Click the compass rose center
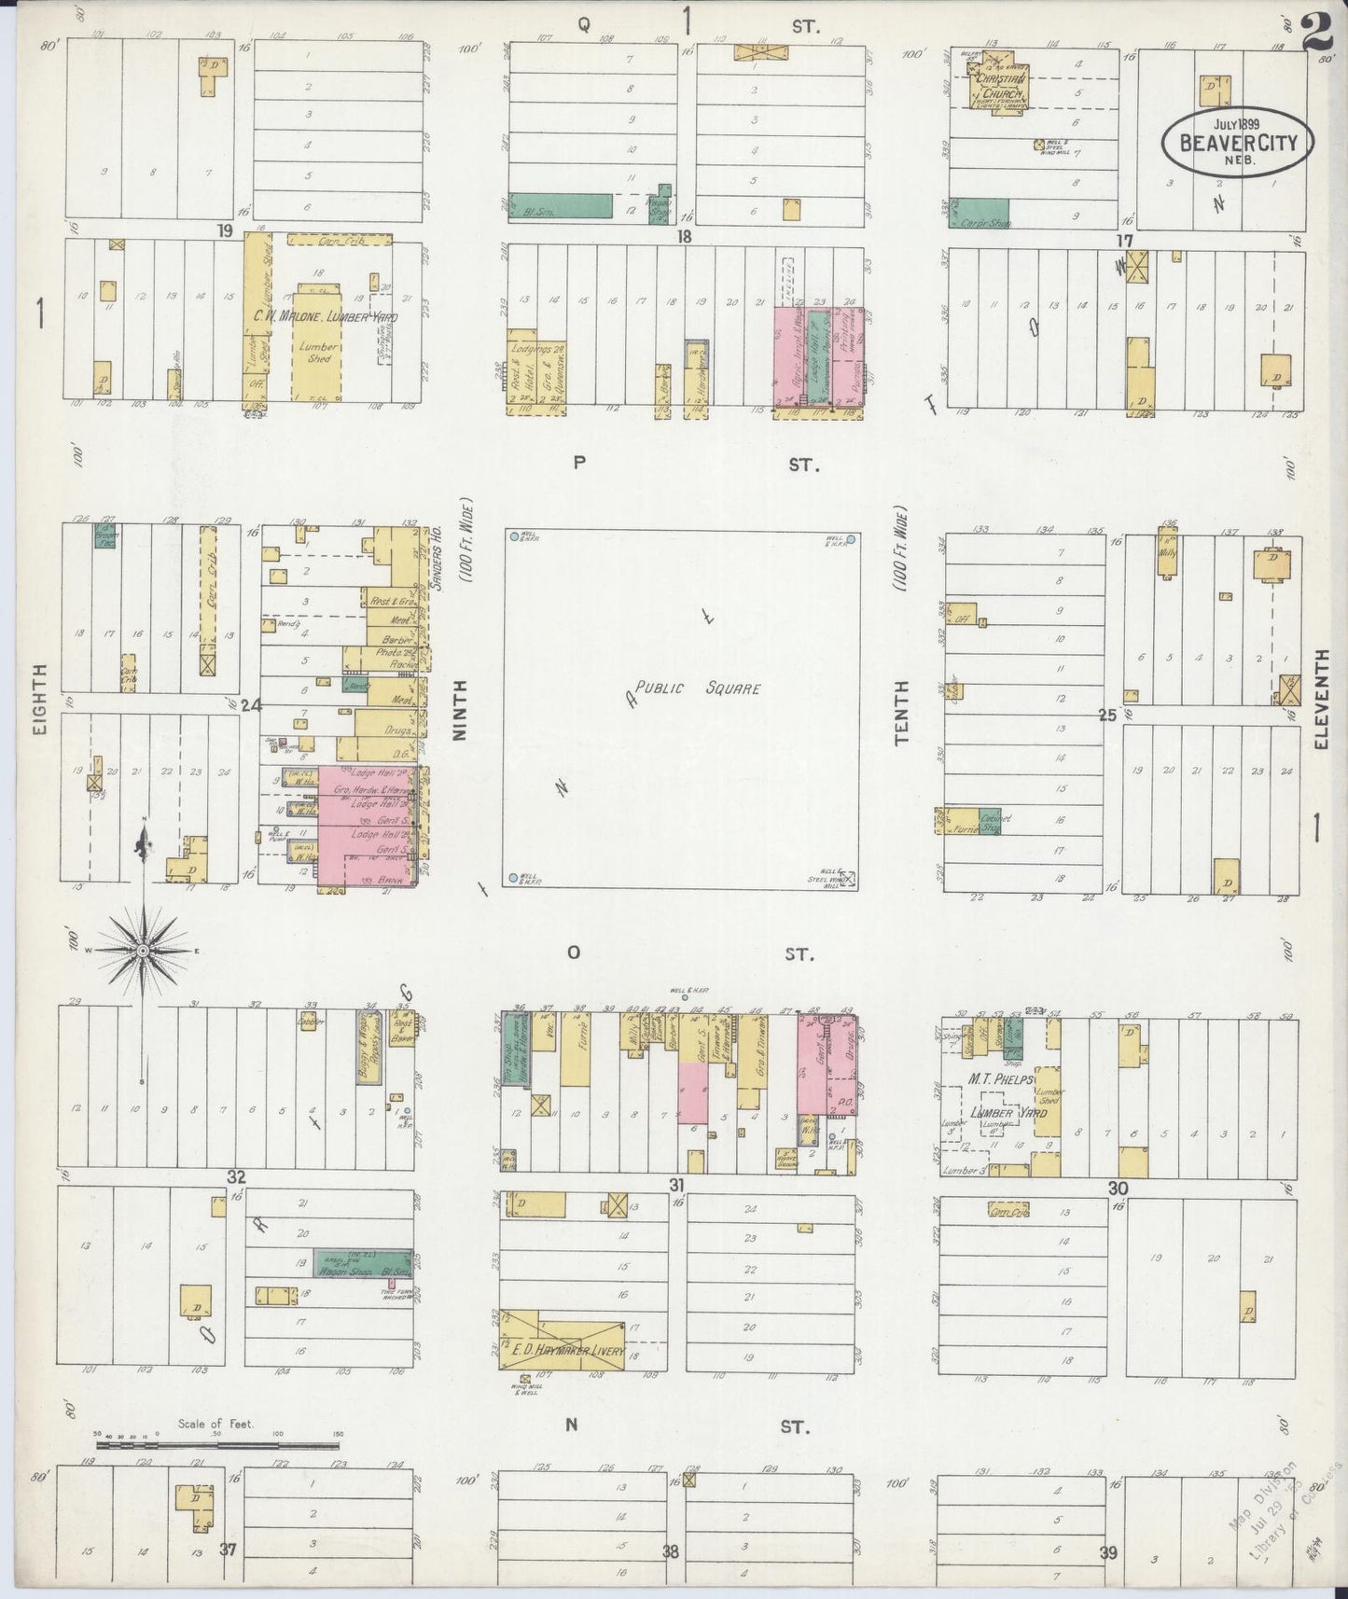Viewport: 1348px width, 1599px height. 144,950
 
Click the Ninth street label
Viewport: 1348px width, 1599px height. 459,723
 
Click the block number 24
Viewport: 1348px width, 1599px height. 249,705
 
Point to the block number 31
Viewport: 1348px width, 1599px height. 677,1185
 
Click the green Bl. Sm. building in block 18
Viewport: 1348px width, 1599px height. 560,205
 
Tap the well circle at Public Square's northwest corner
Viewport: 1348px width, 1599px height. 514,536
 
